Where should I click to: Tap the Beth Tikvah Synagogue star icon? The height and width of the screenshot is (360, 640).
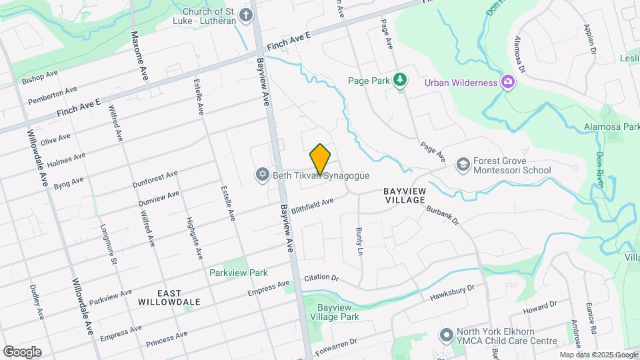[x=262, y=175]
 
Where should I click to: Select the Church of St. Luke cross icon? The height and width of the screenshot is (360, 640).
[x=246, y=15]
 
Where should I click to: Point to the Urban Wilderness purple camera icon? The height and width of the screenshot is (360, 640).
[x=508, y=82]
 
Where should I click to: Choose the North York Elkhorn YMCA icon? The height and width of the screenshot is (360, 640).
[x=445, y=335]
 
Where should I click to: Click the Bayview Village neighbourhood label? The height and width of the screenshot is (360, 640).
[x=405, y=195]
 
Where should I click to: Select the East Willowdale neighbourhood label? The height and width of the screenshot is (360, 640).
[x=169, y=297]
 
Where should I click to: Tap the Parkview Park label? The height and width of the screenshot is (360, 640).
[x=238, y=273]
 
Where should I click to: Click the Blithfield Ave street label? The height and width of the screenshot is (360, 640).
[x=311, y=201]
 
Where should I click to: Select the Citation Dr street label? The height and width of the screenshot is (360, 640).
[x=321, y=277]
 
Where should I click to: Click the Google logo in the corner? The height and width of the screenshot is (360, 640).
[x=22, y=351]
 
